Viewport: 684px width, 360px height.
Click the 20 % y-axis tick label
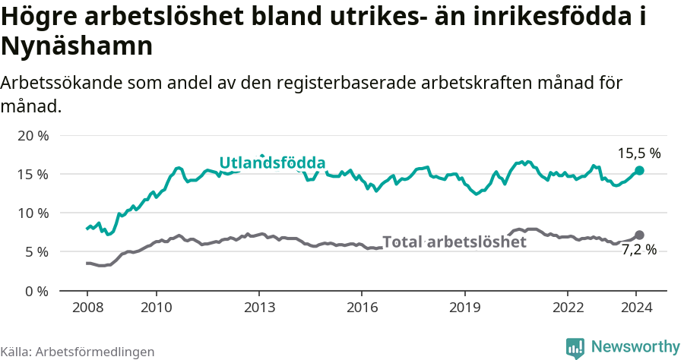[33, 136]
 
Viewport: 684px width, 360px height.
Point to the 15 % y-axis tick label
[33, 175]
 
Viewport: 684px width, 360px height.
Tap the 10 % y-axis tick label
[33, 213]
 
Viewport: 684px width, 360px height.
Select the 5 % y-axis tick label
[36, 252]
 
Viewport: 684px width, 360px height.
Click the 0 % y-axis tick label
[36, 291]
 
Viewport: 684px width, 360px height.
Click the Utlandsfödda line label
[272, 163]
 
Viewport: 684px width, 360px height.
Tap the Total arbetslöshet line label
[454, 242]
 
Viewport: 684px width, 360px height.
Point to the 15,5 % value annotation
[638, 153]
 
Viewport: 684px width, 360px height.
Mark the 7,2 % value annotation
[638, 250]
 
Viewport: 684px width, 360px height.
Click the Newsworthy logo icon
[575, 347]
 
